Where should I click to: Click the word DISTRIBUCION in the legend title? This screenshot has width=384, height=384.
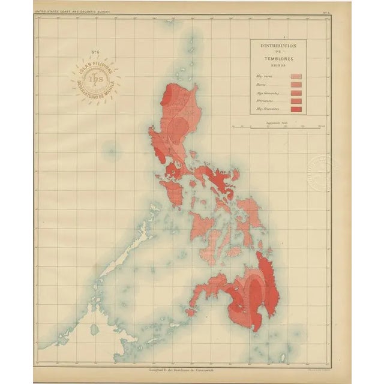coord(278,46)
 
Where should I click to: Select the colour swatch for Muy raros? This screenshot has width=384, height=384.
coord(296,77)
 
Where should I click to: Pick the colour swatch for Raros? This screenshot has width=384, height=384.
coord(296,85)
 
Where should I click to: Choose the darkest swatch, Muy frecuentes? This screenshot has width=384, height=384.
coord(296,109)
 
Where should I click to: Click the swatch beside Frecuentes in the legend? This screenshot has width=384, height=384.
coord(296,101)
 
